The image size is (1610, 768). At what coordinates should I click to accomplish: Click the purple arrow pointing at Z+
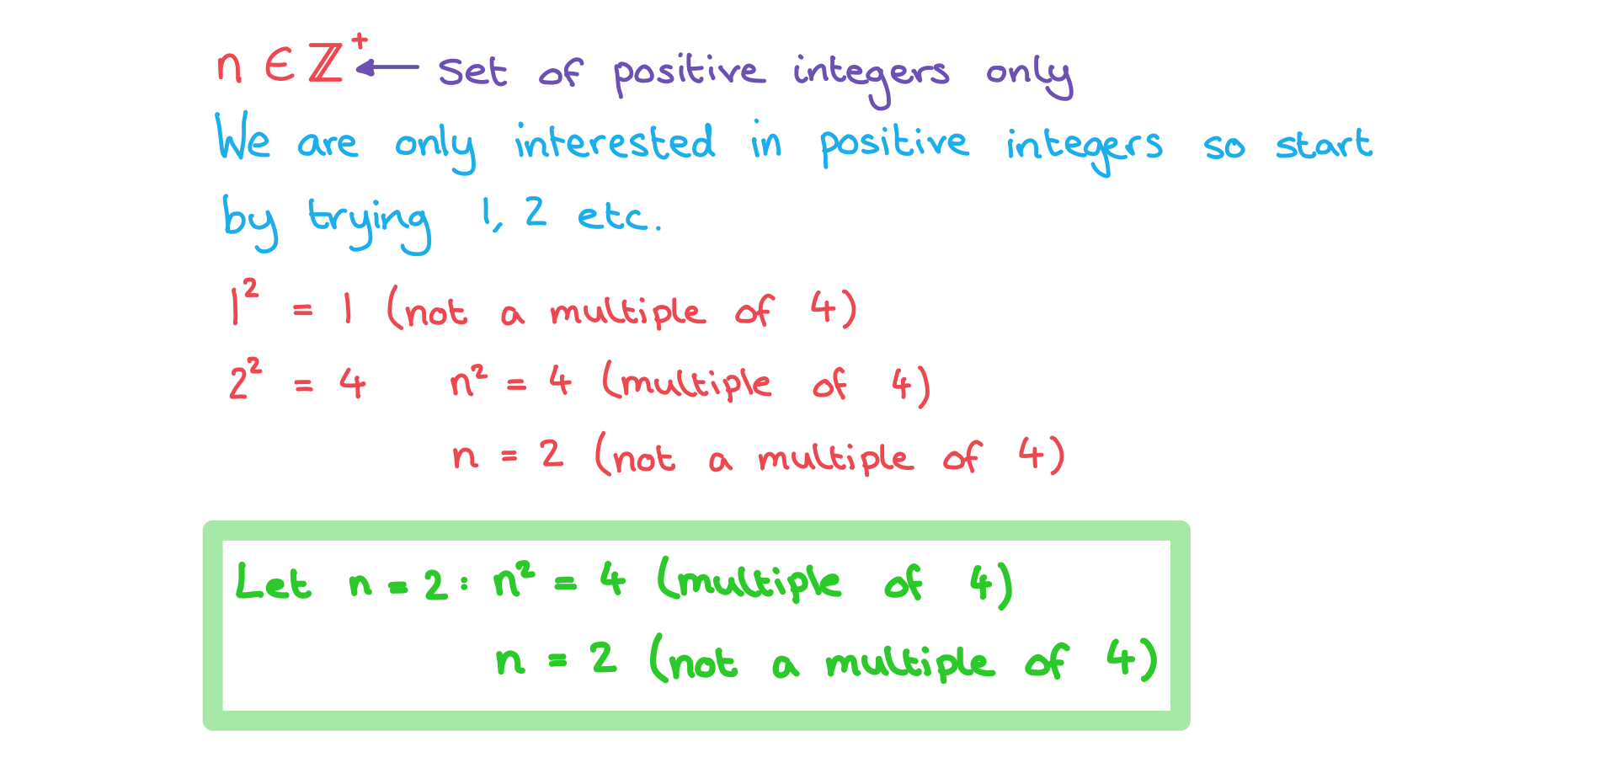(387, 67)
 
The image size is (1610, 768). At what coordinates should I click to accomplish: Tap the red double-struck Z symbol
(326, 62)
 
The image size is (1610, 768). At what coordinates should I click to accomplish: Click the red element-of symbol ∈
(280, 64)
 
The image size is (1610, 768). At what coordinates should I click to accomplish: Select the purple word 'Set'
(472, 72)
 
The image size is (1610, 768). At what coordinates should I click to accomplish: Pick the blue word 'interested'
(615, 141)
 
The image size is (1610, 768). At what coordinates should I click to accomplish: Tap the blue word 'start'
(1324, 144)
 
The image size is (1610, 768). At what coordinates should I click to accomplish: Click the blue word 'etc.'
(619, 217)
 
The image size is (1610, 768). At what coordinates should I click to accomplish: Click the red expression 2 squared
(245, 378)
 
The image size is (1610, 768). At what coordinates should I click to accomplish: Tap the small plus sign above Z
(360, 40)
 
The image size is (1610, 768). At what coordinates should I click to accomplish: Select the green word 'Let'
(273, 581)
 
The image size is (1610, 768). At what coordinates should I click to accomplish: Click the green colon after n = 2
(463, 584)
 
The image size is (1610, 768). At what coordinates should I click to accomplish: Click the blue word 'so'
(1223, 147)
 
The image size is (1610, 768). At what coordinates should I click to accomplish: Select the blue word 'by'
(249, 222)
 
